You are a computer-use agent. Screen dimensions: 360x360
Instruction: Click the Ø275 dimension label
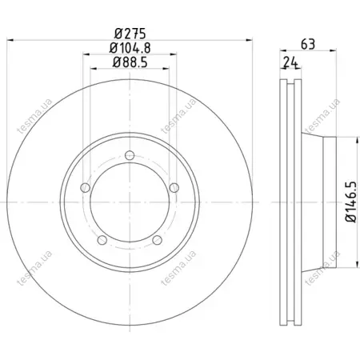click(130, 34)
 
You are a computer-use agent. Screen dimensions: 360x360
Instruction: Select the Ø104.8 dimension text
click(130, 48)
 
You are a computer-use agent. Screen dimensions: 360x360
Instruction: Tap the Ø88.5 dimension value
click(130, 62)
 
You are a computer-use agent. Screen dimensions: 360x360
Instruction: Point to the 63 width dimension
click(308, 44)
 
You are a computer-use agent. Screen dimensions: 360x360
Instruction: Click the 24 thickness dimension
click(290, 62)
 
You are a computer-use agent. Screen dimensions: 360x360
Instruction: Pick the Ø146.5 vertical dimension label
click(350, 202)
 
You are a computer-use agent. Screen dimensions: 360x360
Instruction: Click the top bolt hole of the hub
click(130, 155)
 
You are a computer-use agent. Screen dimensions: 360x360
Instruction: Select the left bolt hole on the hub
click(85, 188)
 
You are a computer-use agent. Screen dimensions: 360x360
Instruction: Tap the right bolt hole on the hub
click(174, 187)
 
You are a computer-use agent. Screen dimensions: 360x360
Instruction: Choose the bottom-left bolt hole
click(102, 240)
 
